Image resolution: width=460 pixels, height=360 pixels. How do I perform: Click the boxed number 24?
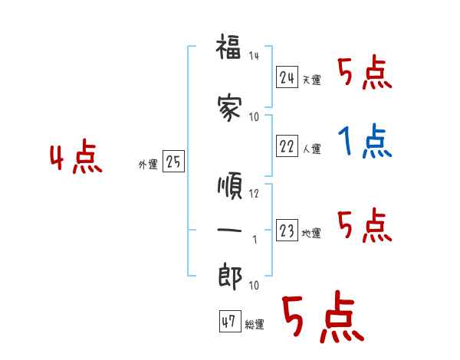tap(287, 77)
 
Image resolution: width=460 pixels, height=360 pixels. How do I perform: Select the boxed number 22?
tap(287, 147)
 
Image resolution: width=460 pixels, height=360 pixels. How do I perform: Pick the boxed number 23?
tap(287, 231)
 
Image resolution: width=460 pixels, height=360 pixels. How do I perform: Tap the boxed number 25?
tap(173, 162)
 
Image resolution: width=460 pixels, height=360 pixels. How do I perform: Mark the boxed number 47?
tap(229, 322)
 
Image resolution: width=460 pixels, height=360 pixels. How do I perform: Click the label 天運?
tap(311, 80)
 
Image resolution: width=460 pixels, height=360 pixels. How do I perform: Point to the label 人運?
tap(311, 149)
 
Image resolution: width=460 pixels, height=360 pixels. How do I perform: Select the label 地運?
tap(311, 233)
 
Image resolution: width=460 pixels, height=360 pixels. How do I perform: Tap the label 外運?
tap(147, 164)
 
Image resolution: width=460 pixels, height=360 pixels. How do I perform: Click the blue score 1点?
tap(365, 141)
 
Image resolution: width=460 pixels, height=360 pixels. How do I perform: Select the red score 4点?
tap(75, 159)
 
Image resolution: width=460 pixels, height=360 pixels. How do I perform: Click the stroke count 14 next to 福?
tap(255, 55)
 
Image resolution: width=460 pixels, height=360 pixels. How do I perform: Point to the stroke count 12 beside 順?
tap(255, 193)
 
